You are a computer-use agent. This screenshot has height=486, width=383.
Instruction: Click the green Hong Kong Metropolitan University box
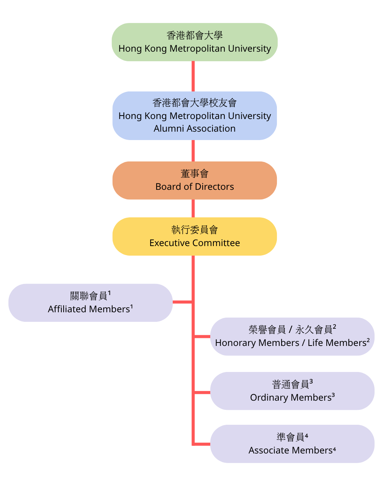(x=195, y=42)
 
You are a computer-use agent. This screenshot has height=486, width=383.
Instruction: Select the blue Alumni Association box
(x=195, y=116)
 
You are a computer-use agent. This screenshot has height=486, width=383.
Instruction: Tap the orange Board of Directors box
(x=195, y=180)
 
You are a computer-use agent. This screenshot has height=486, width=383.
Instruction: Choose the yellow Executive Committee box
(x=195, y=236)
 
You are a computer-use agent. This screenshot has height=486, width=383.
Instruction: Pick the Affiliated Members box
(x=90, y=303)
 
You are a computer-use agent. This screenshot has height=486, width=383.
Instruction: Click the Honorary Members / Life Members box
(x=292, y=336)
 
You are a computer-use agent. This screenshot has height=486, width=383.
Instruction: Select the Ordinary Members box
(x=292, y=391)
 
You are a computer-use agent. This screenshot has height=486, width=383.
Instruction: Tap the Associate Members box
(x=292, y=444)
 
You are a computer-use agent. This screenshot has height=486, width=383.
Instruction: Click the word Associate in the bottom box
(x=267, y=450)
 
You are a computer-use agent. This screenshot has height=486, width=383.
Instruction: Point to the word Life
(x=315, y=343)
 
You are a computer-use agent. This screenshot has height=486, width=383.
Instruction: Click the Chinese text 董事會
(x=195, y=174)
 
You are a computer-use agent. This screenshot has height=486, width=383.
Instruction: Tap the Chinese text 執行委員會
(x=195, y=230)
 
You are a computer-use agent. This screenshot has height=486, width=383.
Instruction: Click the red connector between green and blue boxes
(x=193, y=76)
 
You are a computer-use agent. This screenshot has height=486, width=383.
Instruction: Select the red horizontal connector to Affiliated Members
(x=182, y=302)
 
